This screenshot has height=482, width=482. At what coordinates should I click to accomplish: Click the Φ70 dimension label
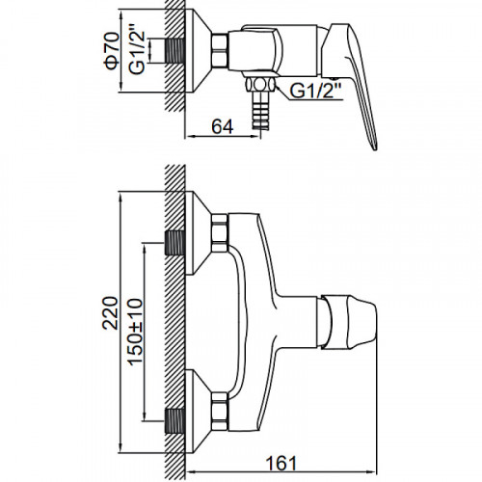tap(112, 50)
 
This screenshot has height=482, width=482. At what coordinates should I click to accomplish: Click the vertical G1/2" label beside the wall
tap(137, 53)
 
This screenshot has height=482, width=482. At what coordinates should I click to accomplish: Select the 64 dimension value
tap(223, 126)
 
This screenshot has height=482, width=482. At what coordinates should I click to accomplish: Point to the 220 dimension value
tap(110, 312)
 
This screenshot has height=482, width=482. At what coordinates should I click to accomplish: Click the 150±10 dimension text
tap(135, 331)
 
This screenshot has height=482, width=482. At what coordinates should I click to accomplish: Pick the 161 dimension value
tap(281, 463)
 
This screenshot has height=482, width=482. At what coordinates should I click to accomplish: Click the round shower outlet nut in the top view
tap(260, 86)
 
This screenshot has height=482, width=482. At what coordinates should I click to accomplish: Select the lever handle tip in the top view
tap(374, 145)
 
